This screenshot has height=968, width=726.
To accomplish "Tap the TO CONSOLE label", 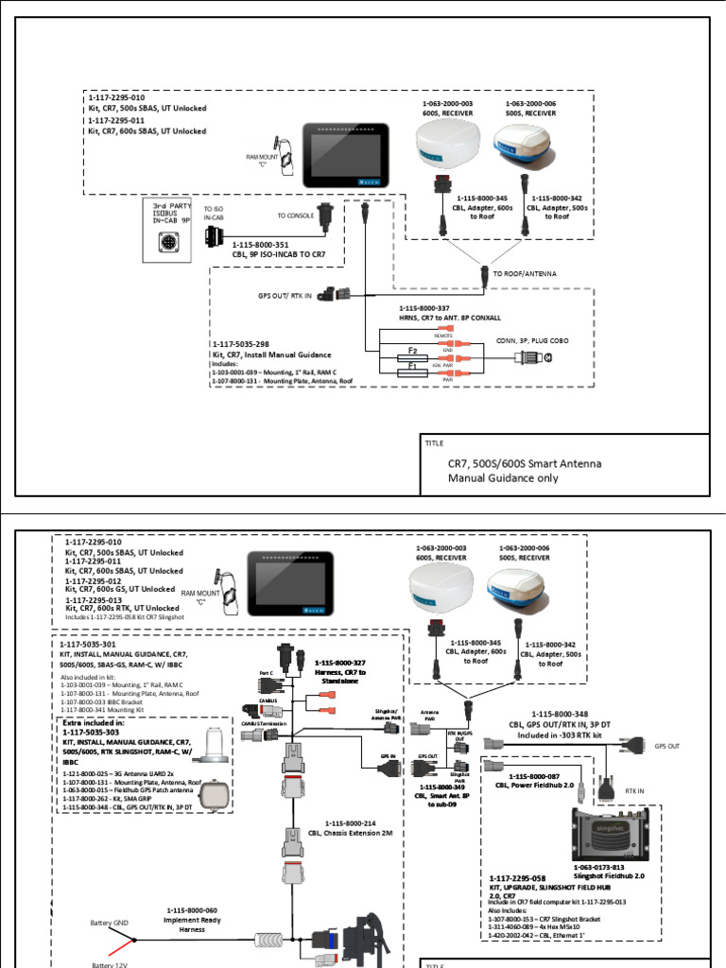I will [297, 216].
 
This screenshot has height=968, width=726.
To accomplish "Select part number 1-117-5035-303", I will [104, 732].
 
